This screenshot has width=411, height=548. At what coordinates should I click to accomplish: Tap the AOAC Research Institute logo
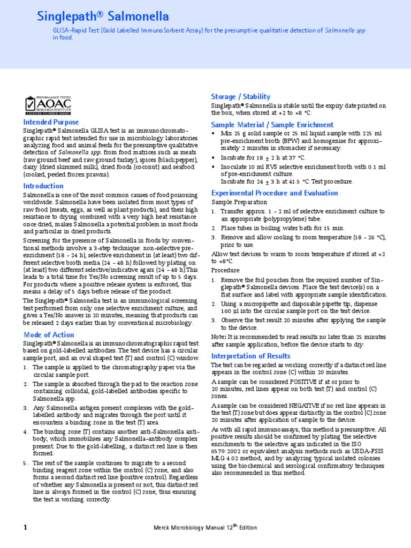[48, 104]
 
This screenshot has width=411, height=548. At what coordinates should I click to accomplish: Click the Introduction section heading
[43, 186]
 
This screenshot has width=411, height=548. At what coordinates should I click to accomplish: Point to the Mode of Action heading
[49, 334]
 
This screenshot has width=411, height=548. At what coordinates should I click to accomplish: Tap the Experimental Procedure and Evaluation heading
[275, 193]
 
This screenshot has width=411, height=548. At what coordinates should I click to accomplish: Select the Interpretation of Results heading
[251, 356]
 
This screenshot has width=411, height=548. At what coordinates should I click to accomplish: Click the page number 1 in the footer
[25, 527]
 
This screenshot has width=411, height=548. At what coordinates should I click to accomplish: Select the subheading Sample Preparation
[239, 202]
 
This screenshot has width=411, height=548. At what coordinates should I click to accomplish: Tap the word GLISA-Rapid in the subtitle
[71, 31]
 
